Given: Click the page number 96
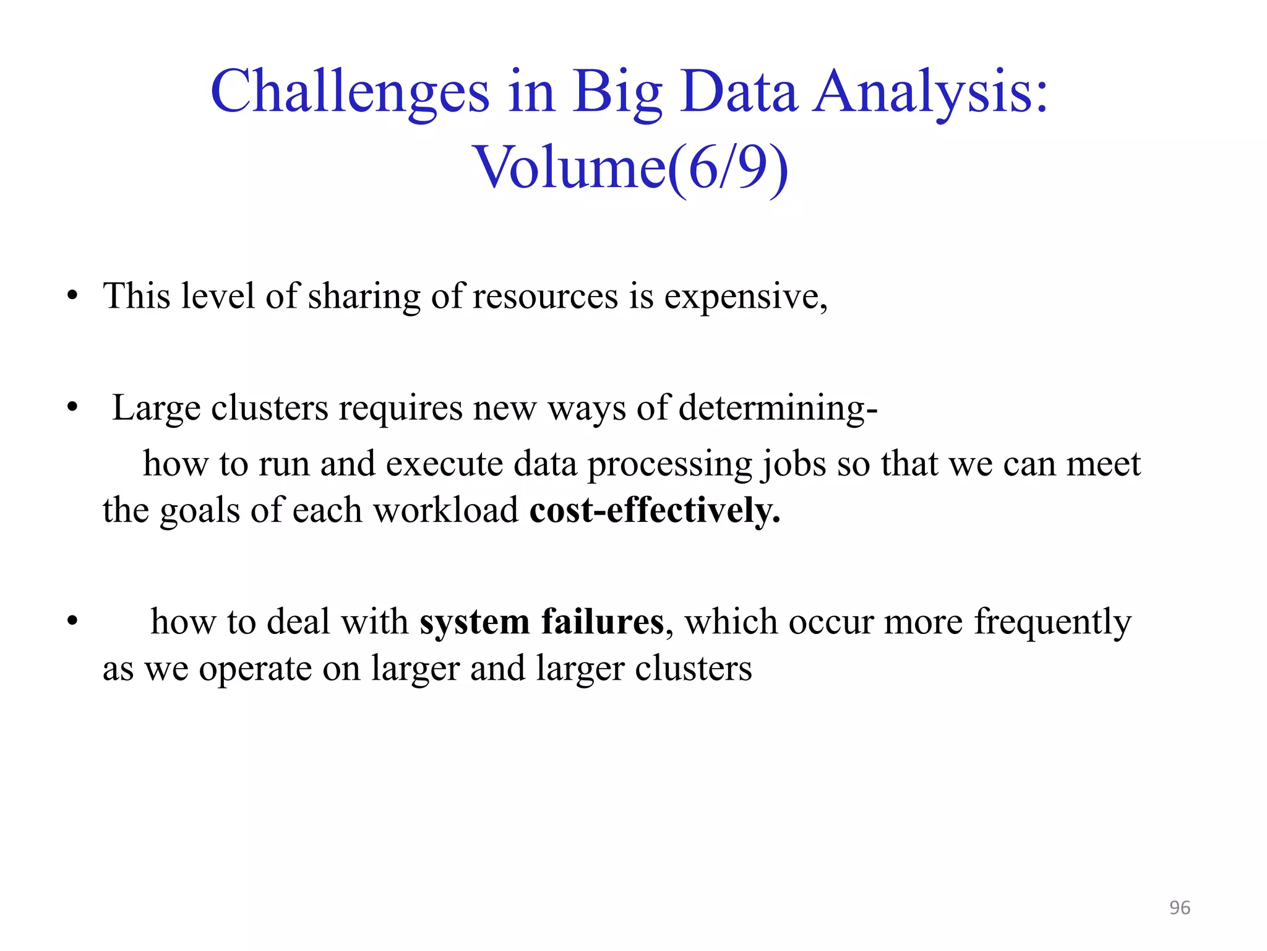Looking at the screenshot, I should coord(1179,908).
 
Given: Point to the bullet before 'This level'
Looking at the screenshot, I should coord(73,296).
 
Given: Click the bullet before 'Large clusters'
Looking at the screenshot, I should coord(73,408).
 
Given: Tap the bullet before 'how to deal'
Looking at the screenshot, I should coord(73,621).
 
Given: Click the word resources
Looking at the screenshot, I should coord(545,296).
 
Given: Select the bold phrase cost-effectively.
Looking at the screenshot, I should coord(655,510).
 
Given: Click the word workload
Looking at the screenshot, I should coord(445,510).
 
